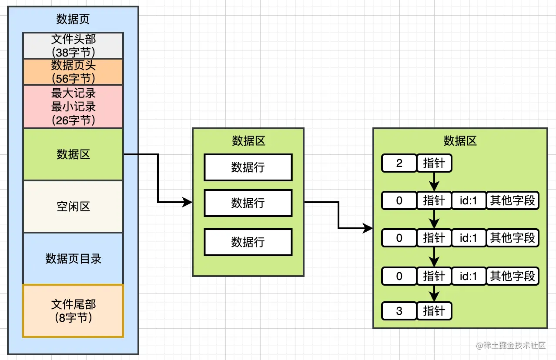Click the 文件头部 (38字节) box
(73, 46)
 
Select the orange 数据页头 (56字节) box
(73, 72)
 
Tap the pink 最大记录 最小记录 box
(73, 107)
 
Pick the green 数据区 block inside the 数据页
(73, 154)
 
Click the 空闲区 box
(73, 207)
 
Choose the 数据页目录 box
(73, 259)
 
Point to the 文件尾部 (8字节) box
(73, 311)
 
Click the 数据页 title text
(73, 19)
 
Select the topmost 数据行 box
(248, 167)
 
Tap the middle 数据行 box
(248, 203)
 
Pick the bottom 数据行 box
(248, 242)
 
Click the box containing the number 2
(399, 163)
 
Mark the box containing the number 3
(399, 311)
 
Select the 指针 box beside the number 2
(434, 163)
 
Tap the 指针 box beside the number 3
(434, 311)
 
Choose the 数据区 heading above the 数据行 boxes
(248, 141)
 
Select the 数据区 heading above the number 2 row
(460, 141)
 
